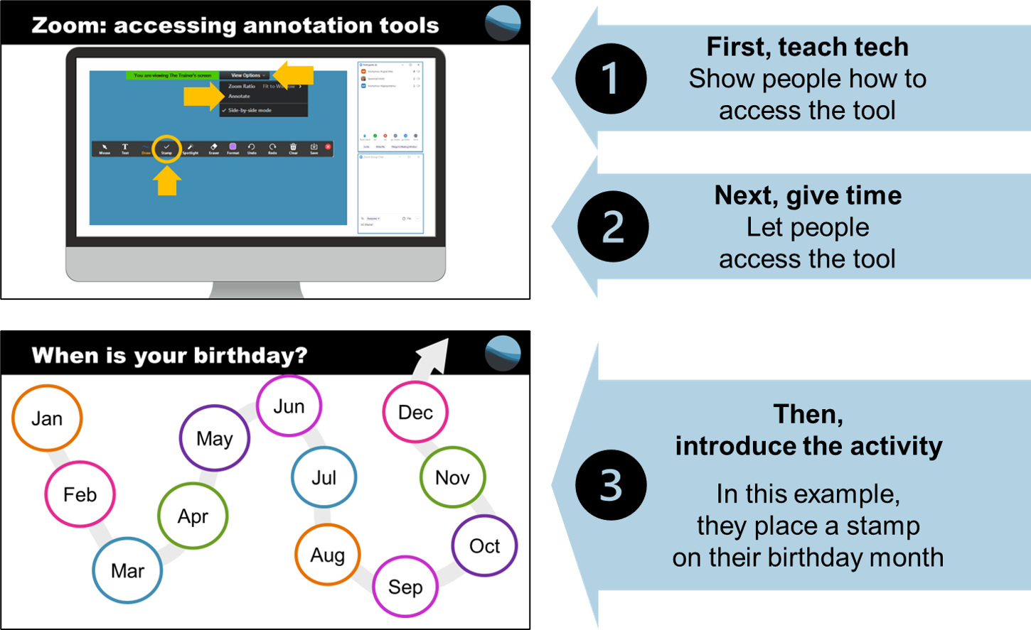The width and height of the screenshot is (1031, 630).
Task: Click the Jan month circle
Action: coord(47,418)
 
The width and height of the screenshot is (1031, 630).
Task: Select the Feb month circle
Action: coord(80,494)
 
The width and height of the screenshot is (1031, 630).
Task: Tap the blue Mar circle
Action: coord(127,570)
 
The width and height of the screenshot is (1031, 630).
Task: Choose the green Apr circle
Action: coord(193,516)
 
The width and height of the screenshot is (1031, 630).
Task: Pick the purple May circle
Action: coord(214,438)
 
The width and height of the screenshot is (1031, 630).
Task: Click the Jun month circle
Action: coord(289,406)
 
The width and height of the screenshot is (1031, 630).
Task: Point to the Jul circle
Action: coord(324,477)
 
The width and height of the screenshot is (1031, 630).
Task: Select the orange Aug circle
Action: coord(327,555)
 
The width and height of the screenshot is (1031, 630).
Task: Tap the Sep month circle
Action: coord(405,587)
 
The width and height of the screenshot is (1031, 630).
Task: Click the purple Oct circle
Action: coord(484,545)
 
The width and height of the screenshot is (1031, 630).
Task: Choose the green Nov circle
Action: coord(452,477)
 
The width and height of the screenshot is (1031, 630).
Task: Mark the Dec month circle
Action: coord(415,412)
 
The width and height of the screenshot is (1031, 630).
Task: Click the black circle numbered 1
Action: coord(611,78)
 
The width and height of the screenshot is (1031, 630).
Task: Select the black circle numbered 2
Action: coord(613,227)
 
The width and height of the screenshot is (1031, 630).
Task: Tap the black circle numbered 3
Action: coord(611,485)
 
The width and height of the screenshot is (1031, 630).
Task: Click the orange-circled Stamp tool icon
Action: coord(166,148)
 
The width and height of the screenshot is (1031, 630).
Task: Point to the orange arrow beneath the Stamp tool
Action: coord(167,181)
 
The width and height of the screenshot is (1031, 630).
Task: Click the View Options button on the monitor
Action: coord(246,75)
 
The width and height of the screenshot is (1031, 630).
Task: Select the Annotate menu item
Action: coord(239,96)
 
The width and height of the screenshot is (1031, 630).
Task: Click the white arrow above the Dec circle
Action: coord(433,355)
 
